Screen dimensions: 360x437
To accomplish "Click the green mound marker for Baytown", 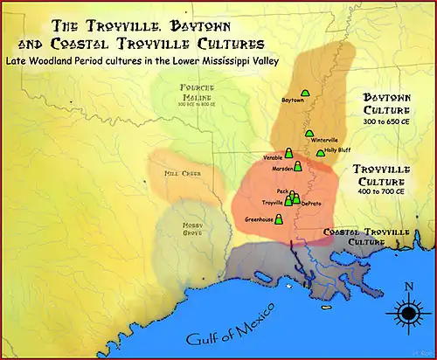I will [x=305, y=93].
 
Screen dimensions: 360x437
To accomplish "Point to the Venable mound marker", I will [x=289, y=153].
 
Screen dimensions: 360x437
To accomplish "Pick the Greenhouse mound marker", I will [x=279, y=219].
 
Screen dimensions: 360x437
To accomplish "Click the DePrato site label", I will [x=310, y=203].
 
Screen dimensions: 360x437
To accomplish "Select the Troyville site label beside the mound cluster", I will [x=273, y=202].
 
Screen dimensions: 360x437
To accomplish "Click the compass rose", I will [x=407, y=312].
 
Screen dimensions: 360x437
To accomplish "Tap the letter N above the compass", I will [x=408, y=287].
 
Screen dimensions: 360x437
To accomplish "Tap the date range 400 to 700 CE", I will [x=381, y=190].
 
